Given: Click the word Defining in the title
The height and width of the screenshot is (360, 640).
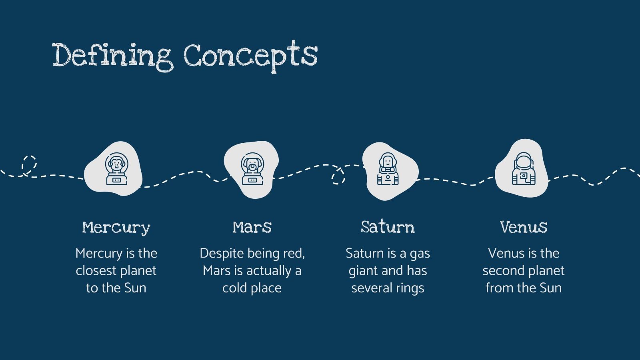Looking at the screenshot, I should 112,56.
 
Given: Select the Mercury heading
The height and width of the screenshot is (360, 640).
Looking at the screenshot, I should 116,227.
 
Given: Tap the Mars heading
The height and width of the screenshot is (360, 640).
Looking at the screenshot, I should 252,227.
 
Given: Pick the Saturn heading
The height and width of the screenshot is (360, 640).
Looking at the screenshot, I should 388,227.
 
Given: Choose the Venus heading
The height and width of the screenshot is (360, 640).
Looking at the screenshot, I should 524,227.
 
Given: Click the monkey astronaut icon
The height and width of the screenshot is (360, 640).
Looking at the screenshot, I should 116,168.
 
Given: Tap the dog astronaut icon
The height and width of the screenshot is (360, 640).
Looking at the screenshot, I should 252,169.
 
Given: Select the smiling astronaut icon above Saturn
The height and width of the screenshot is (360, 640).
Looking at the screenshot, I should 388,169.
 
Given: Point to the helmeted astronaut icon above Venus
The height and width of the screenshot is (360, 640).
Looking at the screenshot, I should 524,168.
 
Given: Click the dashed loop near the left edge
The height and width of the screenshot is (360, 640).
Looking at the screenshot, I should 29,164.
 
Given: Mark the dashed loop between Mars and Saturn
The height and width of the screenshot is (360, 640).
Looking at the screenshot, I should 338,176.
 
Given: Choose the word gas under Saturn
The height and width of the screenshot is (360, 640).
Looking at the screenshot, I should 420,253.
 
